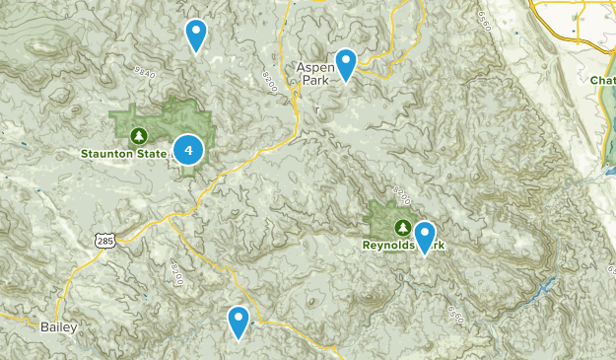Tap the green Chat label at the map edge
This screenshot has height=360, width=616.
[602, 80]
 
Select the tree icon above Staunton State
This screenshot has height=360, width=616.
[139, 135]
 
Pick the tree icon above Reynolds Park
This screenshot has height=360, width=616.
[402, 226]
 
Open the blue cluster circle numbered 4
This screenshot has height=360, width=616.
[187, 150]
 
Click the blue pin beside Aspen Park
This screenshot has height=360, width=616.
[346, 63]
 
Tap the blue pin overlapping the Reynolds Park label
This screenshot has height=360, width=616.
[425, 237]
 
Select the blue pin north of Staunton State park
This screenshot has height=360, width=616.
[196, 34]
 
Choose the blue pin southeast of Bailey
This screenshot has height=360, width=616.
[239, 321]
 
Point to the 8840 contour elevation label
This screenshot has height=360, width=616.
[144, 75]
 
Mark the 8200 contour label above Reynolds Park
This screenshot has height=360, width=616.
[398, 188]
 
